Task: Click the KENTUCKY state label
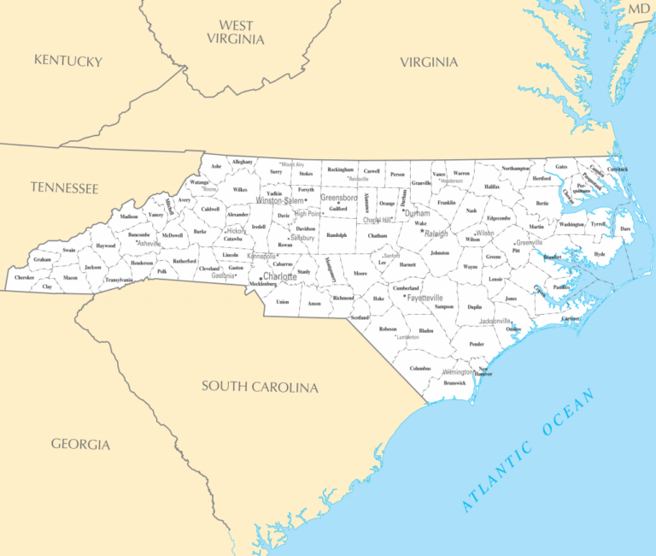67,61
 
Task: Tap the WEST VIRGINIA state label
236,33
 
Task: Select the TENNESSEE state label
64,187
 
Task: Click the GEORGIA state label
80,444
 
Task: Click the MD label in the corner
639,9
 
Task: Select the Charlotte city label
279,277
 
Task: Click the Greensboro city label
338,198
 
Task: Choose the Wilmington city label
458,372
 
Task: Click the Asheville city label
149,244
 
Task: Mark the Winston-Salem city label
280,201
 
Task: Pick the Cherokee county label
24,278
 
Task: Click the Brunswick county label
455,382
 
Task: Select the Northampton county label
516,169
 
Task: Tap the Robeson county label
388,328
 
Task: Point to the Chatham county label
378,235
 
